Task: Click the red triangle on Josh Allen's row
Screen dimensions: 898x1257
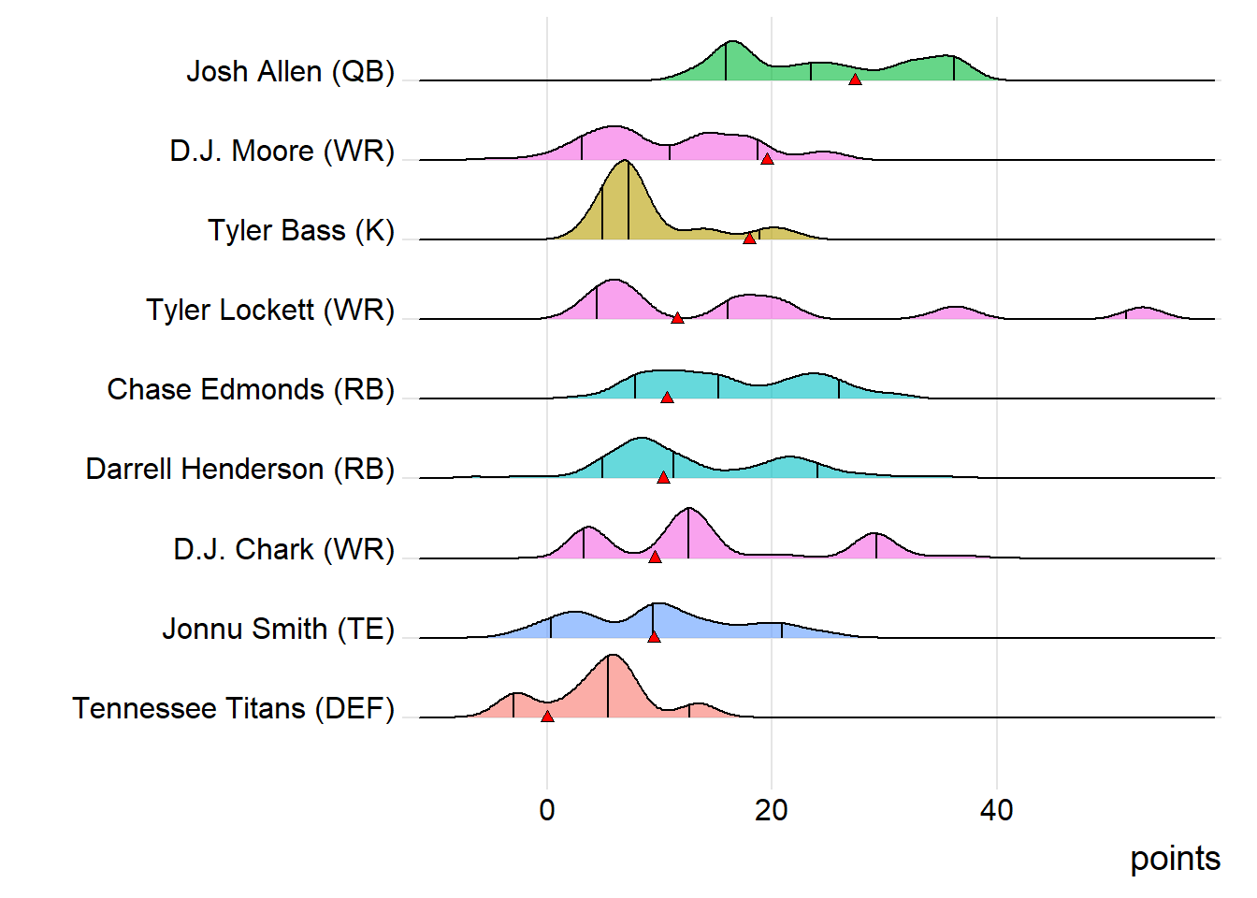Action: [x=855, y=80]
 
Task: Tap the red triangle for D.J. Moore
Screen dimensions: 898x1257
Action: [x=767, y=159]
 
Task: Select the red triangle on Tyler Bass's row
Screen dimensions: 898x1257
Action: [x=749, y=239]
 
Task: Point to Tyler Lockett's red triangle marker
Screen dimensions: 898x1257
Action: [x=677, y=318]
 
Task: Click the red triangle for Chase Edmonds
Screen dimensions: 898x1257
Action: [x=667, y=398]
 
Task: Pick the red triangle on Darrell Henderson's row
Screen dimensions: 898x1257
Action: [x=663, y=477]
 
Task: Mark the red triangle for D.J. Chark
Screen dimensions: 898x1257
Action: [x=655, y=557]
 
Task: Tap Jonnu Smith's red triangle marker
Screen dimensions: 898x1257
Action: [x=654, y=636]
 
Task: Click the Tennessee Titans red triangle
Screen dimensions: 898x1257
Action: [x=547, y=716]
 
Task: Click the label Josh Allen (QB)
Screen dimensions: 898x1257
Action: [x=290, y=71]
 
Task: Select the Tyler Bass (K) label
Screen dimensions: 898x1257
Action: [x=301, y=230]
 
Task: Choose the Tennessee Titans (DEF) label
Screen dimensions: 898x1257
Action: [x=233, y=708]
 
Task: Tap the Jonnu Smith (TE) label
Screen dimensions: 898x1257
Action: [x=278, y=629]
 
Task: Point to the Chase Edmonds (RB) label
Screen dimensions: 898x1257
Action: [x=251, y=389]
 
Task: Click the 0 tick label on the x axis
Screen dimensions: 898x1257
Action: [x=547, y=810]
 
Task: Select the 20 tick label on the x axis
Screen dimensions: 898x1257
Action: [x=772, y=810]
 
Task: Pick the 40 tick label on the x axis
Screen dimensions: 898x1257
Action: [x=996, y=810]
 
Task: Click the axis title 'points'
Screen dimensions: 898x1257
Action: [x=1175, y=859]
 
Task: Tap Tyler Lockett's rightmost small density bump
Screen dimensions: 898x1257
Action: [x=1141, y=312]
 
